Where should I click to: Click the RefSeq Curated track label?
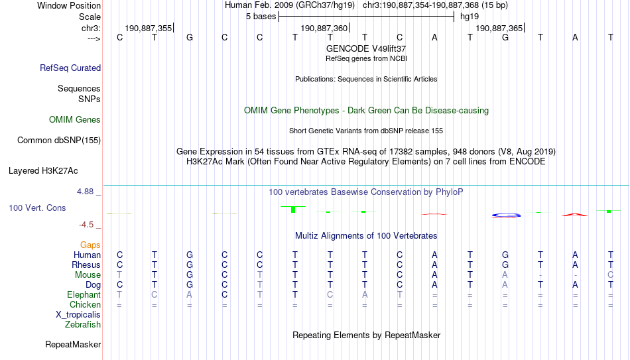coord(70,68)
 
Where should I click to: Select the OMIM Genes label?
coord(75,120)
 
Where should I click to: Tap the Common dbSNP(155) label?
coord(58,141)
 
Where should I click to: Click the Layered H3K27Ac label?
coord(43,171)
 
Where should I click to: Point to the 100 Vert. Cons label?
coord(37,208)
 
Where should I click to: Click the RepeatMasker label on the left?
coord(73,344)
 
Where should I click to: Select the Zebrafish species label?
coord(83,325)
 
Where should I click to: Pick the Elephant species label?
coord(84,295)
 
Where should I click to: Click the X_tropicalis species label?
coord(78,315)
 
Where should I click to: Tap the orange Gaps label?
coord(90,245)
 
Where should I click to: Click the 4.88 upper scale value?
coord(85,192)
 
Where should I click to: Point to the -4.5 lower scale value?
coord(86,225)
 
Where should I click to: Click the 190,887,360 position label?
coord(324,28)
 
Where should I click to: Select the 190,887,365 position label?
coord(499,28)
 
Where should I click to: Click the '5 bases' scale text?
coord(261,17)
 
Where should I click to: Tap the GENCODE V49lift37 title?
coord(366,48)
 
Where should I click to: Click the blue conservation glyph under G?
coord(506,215)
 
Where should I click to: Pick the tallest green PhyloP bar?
coord(293,210)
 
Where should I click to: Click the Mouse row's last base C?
coord(610,275)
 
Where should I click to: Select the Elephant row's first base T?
coord(119,295)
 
